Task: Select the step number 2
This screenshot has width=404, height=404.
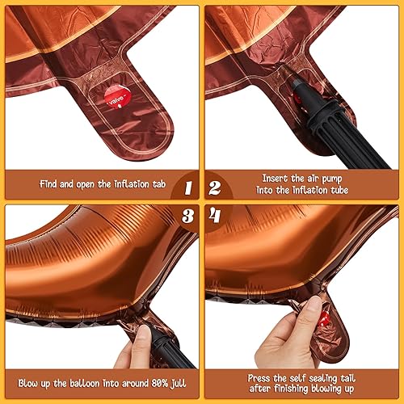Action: (x=216, y=187)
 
